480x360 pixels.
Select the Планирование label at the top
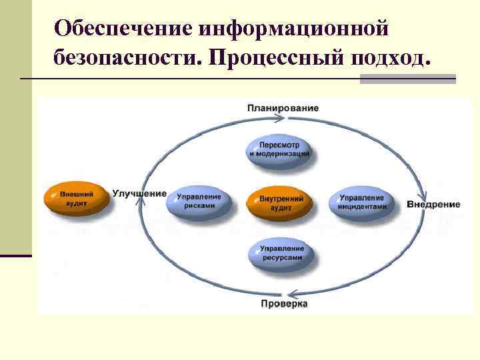click(x=283, y=107)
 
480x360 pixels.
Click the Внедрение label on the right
click(x=433, y=204)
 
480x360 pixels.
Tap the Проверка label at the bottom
click(x=283, y=304)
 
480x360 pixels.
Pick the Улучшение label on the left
click(x=139, y=193)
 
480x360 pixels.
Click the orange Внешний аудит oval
click(x=77, y=198)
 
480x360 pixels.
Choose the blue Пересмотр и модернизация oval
click(x=280, y=150)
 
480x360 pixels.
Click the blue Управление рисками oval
click(x=199, y=203)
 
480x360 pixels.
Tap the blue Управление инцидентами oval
click(x=361, y=203)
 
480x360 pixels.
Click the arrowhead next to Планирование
click(x=281, y=119)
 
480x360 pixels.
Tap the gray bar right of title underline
click(x=407, y=79)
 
